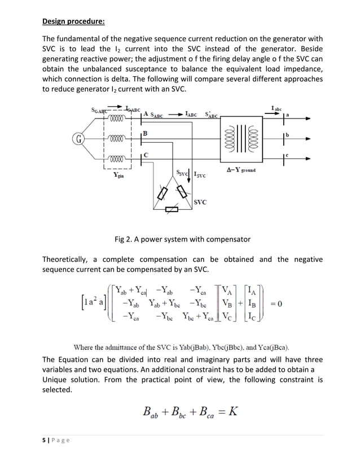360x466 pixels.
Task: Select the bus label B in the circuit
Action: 145,134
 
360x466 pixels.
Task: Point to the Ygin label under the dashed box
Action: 118,175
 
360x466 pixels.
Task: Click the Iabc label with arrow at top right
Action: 278,108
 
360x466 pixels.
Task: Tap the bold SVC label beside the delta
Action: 200,201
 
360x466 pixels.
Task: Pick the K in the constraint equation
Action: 232,411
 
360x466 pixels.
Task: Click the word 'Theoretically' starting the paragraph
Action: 65,260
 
